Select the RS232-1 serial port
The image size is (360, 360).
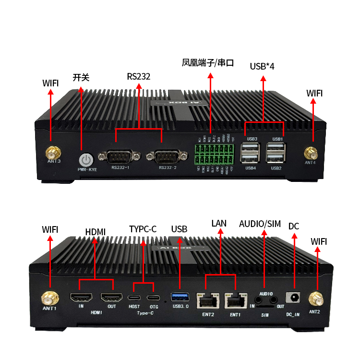[x=117, y=157]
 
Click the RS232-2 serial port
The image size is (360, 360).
[x=165, y=157]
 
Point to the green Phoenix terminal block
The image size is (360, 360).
[x=215, y=154]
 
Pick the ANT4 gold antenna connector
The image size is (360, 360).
[x=310, y=154]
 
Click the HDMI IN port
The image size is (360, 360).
[x=81, y=298]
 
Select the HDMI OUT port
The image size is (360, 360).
[x=111, y=298]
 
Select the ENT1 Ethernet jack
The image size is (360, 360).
[x=235, y=300]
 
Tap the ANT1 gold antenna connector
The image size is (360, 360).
[x=49, y=298]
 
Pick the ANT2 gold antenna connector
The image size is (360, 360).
[x=316, y=299]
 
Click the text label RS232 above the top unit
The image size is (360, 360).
[x=139, y=76]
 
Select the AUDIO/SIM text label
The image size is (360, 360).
[x=260, y=224]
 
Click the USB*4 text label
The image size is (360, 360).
[x=262, y=66]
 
